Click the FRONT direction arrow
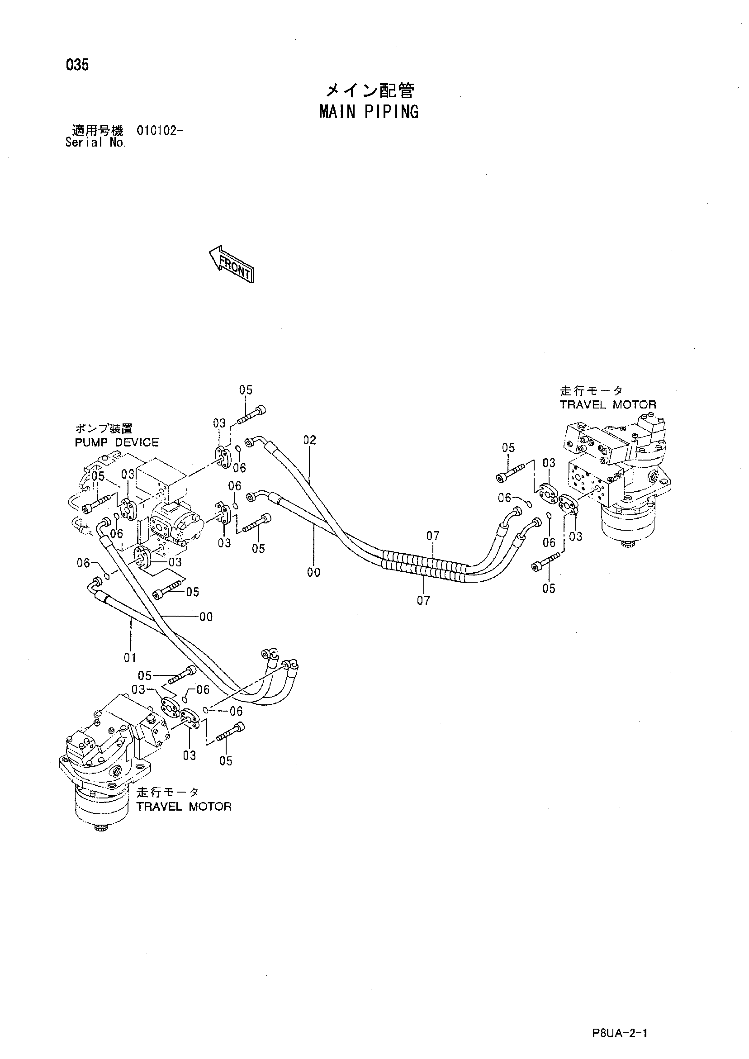[232, 264]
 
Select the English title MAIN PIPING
[369, 112]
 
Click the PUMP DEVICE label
[117, 442]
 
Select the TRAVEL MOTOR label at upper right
[608, 404]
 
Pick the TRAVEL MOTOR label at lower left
[184, 806]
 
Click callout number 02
[310, 440]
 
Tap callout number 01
[130, 657]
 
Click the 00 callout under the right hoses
[313, 572]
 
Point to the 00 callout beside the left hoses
[206, 617]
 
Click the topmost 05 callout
[246, 390]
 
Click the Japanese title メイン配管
[370, 91]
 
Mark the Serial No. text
[95, 142]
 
